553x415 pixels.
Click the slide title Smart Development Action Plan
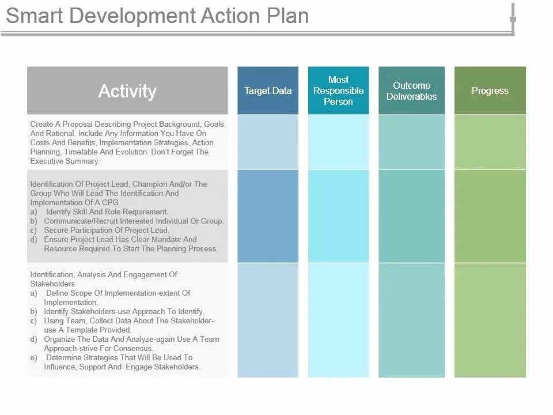[x=157, y=16]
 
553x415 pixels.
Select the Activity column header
[x=127, y=91]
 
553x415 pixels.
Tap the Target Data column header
[x=268, y=90]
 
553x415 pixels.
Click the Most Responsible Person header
[x=338, y=90]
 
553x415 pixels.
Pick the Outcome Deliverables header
[x=411, y=90]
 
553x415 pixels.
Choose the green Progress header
[x=490, y=90]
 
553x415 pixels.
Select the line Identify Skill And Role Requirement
[x=107, y=212]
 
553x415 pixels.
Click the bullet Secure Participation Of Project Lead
[x=107, y=231]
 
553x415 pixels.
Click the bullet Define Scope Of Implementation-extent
[x=118, y=293]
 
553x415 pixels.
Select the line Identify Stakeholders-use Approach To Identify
[x=124, y=312]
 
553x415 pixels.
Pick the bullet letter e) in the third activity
[x=34, y=358]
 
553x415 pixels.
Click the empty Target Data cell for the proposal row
[x=268, y=142]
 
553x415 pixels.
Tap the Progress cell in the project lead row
[x=490, y=216]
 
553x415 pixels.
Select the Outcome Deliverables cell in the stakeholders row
[x=411, y=320]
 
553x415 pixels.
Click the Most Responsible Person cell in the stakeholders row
[x=338, y=320]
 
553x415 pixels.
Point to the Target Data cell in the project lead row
[x=268, y=216]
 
